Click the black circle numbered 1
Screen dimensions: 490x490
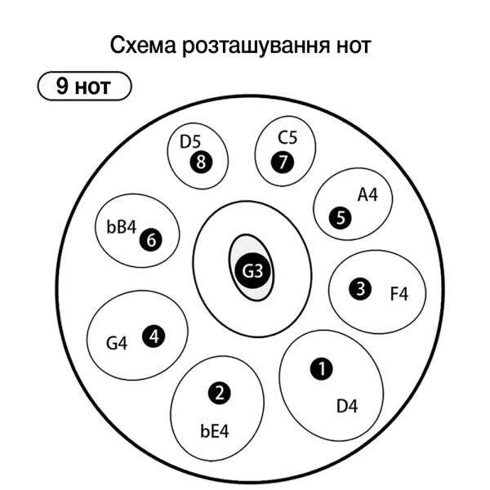pos(321,369)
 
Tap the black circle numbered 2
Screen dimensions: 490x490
pos(220,393)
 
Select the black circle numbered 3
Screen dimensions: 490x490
pos(360,289)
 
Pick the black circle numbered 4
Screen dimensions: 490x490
pos(154,336)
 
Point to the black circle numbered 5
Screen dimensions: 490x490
pos(340,218)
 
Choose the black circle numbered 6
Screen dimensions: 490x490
pos(151,240)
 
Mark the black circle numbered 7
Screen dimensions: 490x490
pos(283,162)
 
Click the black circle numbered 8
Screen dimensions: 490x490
pos(201,162)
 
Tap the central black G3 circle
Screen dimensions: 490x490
pos(252,270)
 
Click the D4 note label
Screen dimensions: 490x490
pos(347,406)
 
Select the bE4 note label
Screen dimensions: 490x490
pos(214,430)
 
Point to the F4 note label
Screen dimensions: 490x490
pos(399,294)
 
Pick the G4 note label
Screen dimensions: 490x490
pos(117,343)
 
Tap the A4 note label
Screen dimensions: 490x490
pos(367,195)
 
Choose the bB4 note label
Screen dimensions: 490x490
pos(121,226)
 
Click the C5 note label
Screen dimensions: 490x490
pos(287,137)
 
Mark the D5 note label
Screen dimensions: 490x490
pos(190,141)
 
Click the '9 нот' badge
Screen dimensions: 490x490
pos(84,86)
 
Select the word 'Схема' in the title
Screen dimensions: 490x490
pos(143,46)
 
